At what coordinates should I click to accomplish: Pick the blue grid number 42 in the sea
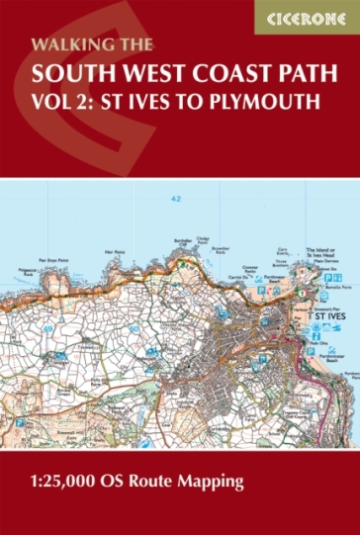(x=175, y=200)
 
